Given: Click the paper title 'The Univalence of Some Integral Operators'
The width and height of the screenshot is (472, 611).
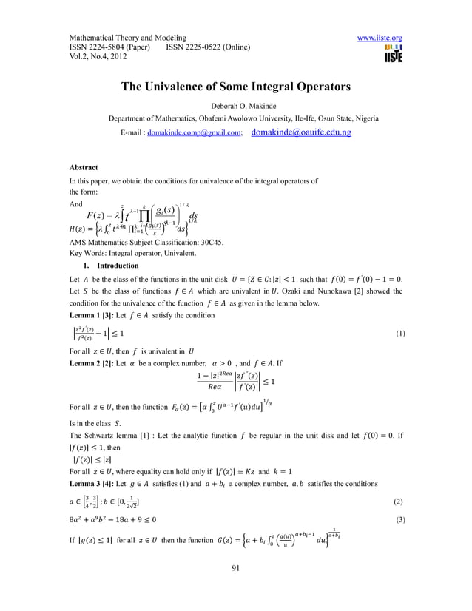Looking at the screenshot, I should [236, 87].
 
